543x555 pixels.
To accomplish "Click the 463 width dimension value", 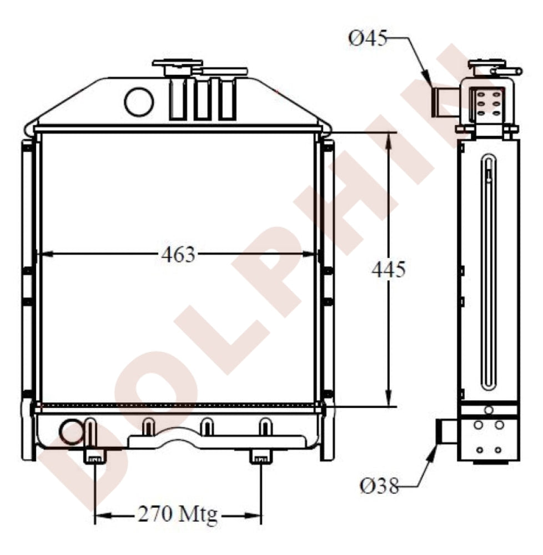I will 178,255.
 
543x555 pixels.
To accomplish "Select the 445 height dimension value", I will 389,269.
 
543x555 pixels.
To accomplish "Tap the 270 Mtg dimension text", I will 178,516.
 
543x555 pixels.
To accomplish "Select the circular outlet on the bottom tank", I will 72,432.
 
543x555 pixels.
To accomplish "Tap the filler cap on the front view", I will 177,68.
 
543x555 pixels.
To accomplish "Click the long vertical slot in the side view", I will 487,272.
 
